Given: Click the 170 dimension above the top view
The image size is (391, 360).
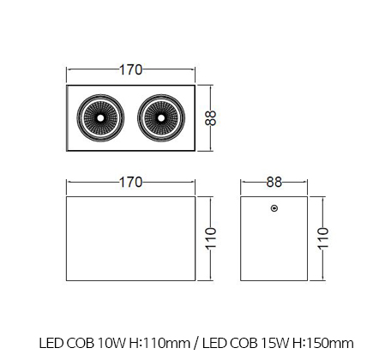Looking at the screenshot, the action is pyautogui.click(x=130, y=69).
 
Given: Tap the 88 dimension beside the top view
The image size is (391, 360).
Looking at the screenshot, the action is pyautogui.click(x=211, y=118).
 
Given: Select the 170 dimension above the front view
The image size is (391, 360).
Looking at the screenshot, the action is pyautogui.click(x=130, y=182).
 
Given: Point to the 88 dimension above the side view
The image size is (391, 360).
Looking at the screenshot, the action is pyautogui.click(x=274, y=182).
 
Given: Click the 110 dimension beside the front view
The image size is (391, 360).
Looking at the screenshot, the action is pyautogui.click(x=211, y=238).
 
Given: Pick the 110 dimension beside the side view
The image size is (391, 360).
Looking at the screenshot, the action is pyautogui.click(x=323, y=238).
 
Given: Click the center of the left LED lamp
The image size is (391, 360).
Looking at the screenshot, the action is pyautogui.click(x=100, y=117).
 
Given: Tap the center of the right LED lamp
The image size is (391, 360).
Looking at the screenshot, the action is pyautogui.click(x=161, y=117).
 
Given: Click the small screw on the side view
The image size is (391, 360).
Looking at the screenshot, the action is pyautogui.click(x=274, y=208).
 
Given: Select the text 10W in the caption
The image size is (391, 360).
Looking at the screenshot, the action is pyautogui.click(x=111, y=343).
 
